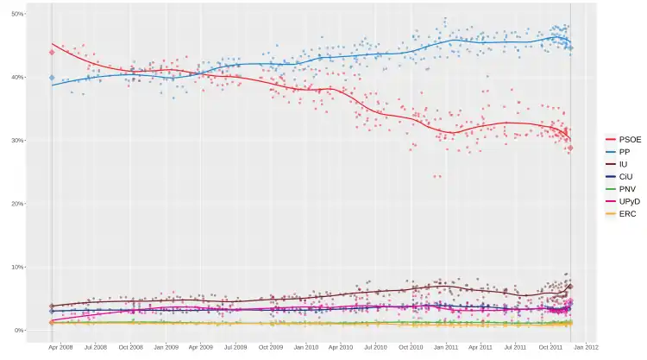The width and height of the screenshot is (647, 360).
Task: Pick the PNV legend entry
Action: tap(623, 189)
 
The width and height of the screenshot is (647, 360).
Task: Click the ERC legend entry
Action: tap(623, 213)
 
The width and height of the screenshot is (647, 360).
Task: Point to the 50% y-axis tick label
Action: tap(17, 15)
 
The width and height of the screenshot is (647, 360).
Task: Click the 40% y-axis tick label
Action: tap(17, 78)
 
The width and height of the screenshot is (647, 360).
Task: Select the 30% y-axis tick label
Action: tap(17, 141)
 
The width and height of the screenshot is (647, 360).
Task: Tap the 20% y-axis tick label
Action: tap(17, 204)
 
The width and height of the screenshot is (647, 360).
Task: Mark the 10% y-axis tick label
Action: tap(17, 268)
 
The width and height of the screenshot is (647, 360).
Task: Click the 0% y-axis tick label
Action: tap(19, 331)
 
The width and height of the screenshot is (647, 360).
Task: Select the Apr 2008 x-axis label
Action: tap(60, 348)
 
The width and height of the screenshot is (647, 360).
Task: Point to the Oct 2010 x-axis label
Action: tap(411, 348)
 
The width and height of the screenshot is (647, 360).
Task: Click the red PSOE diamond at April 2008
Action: tap(52, 53)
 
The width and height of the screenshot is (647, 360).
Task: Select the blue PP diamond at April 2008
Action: tap(52, 79)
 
